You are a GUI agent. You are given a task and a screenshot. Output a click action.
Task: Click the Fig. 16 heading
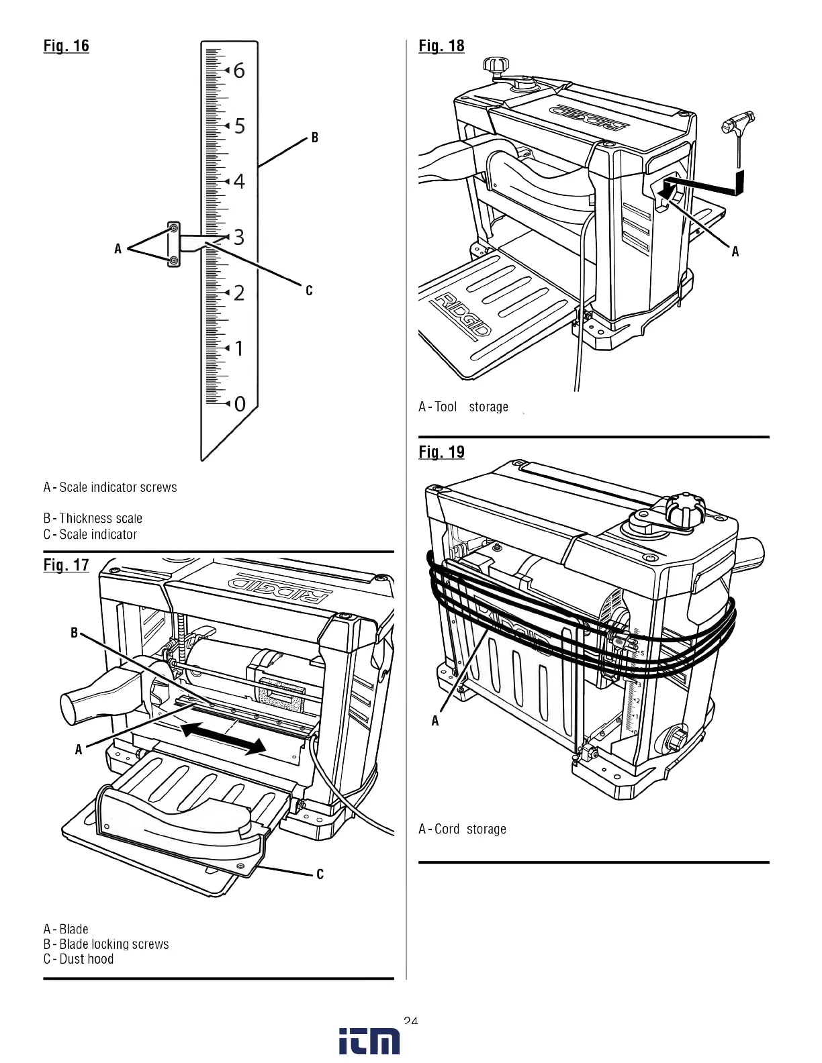point(66,46)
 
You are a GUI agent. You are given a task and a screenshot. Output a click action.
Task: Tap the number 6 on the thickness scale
point(239,70)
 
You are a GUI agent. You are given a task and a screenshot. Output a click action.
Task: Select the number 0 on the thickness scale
point(240,404)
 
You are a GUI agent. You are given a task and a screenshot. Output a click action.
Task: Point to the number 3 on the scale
point(239,237)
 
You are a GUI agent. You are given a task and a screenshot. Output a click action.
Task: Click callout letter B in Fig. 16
point(314,138)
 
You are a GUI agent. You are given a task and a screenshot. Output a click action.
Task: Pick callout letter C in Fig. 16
point(309,291)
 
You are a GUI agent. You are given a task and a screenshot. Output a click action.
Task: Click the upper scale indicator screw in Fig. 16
point(174,228)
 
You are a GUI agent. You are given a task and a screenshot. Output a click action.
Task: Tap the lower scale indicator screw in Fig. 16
point(174,260)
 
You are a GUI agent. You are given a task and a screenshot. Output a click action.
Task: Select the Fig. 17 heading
point(66,565)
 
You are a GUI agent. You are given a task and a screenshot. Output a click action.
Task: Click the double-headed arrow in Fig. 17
point(224,738)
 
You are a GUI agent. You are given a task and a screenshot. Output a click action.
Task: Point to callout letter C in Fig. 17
point(320,874)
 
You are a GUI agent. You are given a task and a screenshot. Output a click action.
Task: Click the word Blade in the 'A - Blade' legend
point(74,929)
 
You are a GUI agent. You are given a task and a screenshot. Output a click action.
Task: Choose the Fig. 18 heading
point(441,46)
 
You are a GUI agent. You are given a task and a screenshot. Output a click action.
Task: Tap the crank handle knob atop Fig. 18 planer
point(496,66)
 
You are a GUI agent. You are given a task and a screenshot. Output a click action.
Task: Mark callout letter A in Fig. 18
point(735,252)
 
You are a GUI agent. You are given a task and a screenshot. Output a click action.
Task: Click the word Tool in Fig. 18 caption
point(445,407)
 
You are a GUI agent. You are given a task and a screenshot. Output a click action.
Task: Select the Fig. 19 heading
point(441,452)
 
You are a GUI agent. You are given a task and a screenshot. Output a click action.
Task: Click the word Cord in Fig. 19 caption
point(447,829)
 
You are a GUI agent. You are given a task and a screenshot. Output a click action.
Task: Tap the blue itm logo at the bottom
point(369,1041)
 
